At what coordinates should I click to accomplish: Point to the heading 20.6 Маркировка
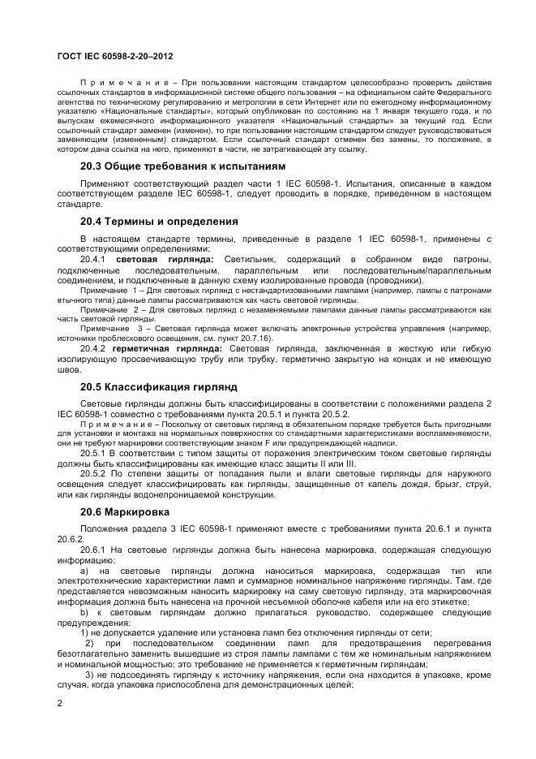124,512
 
